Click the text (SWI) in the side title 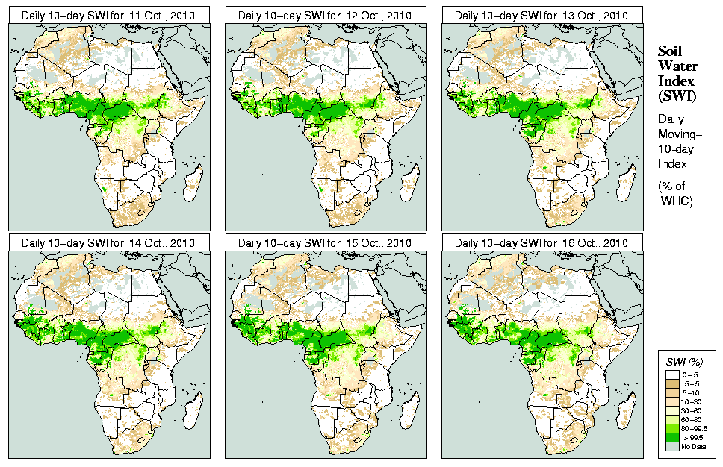(x=675, y=95)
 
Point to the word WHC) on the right (x=678, y=202)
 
